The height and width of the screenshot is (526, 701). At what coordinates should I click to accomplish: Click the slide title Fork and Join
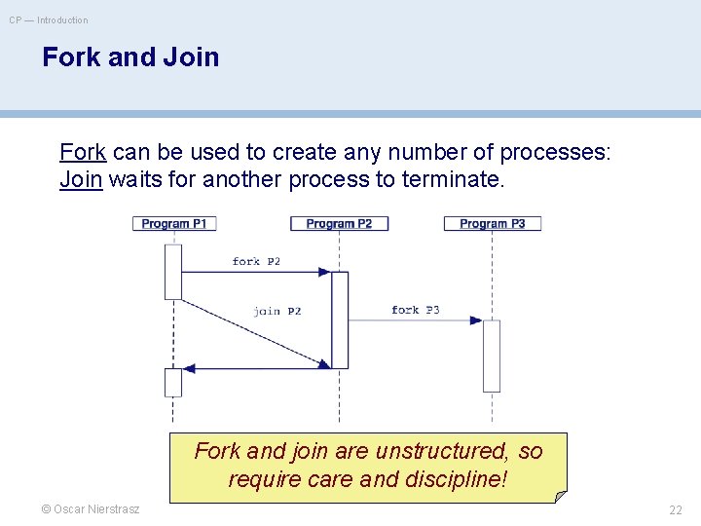point(130,57)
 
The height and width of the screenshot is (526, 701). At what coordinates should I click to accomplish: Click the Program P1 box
point(173,224)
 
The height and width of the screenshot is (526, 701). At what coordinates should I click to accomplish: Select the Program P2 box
point(339,224)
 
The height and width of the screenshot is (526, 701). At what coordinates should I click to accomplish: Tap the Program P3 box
point(492,224)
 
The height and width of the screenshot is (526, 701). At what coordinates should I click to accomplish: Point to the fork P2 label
point(256,261)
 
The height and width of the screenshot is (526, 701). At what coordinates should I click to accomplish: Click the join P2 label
point(277,311)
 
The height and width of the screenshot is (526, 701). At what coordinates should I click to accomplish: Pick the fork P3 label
point(416,310)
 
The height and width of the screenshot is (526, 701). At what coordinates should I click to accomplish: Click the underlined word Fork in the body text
point(83,153)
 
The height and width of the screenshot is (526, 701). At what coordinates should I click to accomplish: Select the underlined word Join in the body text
point(81,179)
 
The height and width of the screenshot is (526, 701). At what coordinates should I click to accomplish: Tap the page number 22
point(675,509)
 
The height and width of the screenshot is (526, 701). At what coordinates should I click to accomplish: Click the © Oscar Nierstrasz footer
point(91,509)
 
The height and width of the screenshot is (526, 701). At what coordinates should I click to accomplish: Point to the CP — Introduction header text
point(49,19)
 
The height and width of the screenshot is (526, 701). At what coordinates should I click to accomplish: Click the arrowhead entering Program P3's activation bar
point(476,319)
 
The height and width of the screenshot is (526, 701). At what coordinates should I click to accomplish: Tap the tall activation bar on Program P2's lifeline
point(340,319)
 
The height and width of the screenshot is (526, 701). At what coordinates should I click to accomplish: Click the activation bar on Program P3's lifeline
point(492,356)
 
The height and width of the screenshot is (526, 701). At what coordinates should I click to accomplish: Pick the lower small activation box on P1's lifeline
point(173,382)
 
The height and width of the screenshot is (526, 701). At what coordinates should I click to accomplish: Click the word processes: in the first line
point(554,153)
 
